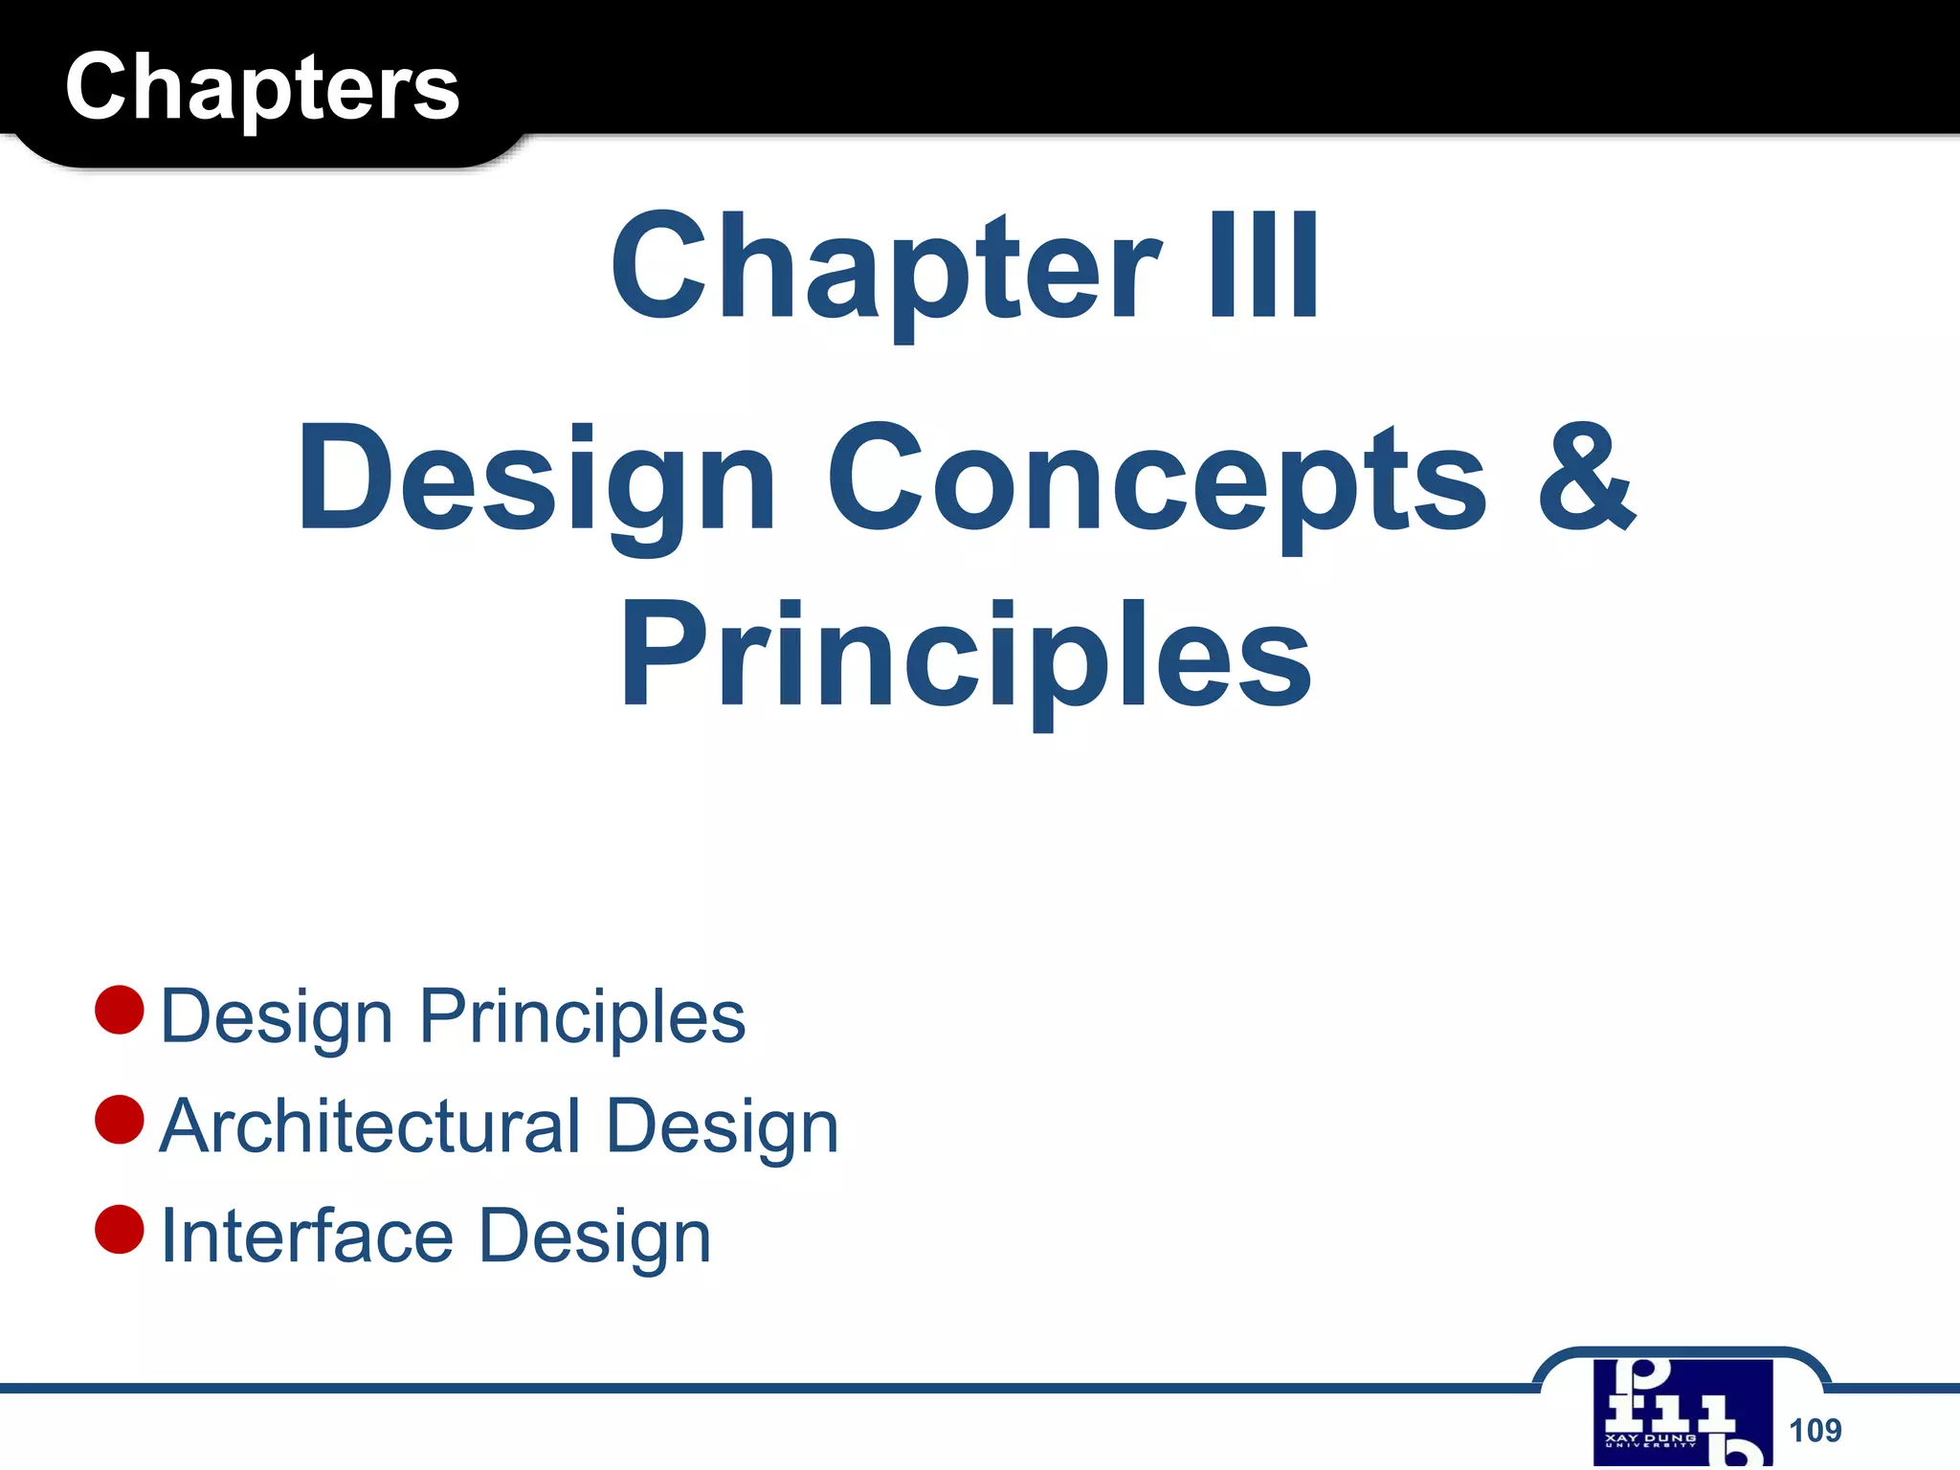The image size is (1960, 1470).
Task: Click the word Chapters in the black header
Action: click(x=262, y=88)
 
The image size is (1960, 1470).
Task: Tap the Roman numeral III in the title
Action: click(x=1263, y=265)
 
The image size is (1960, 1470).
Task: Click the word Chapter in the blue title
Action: click(x=885, y=268)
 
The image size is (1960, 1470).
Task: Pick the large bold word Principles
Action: click(x=966, y=658)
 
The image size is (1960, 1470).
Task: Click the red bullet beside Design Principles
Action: click(x=120, y=1010)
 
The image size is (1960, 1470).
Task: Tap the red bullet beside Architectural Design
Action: click(x=120, y=1120)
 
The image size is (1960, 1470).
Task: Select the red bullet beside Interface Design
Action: click(x=120, y=1229)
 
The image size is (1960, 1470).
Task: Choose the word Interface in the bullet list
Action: click(x=306, y=1236)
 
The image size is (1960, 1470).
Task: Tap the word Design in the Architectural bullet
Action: click(x=723, y=1127)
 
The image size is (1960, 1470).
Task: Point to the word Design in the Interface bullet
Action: click(x=594, y=1237)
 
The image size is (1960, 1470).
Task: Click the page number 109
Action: click(x=1815, y=1430)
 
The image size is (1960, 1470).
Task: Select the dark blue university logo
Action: click(x=1682, y=1413)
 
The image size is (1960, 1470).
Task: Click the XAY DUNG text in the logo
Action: click(x=1650, y=1437)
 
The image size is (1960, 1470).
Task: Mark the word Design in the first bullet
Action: click(x=277, y=1017)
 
